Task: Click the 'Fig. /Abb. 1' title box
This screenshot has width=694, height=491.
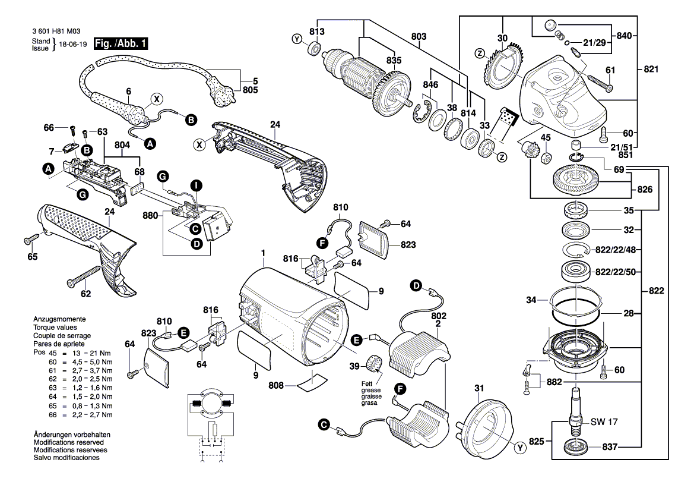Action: click(x=121, y=44)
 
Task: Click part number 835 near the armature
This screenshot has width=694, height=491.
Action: click(x=394, y=61)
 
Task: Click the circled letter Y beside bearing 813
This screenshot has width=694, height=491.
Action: click(x=297, y=39)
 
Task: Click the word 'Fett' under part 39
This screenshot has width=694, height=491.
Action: click(x=367, y=383)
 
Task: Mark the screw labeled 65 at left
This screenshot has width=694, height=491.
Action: click(x=30, y=241)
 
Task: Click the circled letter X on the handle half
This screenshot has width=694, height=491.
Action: click(x=199, y=144)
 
